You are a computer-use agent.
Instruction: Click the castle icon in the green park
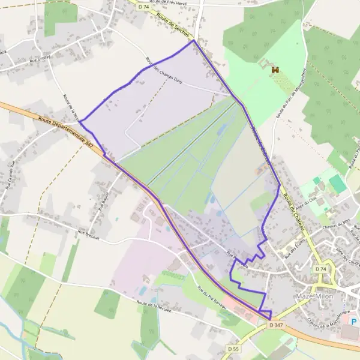coord(276,70)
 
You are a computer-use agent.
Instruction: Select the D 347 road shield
coord(277,325)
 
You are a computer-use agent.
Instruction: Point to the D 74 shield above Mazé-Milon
coord(320,270)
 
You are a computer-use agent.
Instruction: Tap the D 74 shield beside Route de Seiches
coord(143,7)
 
